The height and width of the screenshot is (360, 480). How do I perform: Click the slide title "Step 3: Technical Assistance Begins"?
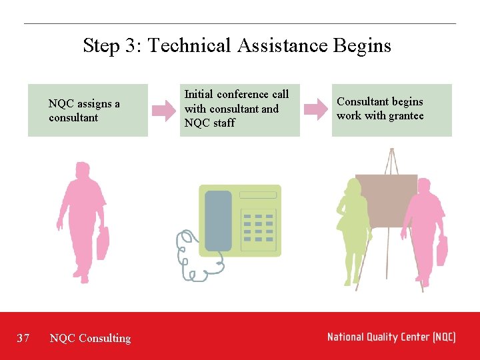pos(237,45)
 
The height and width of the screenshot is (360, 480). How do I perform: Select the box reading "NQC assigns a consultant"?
pos(87,110)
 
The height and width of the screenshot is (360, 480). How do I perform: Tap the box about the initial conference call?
pos(239,110)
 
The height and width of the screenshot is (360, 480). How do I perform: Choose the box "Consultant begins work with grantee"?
pos(391,110)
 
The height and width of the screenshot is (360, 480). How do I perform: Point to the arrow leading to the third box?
pos(315,110)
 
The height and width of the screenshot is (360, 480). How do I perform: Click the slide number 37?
pos(23,338)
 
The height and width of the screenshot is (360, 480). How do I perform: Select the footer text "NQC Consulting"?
pos(90,338)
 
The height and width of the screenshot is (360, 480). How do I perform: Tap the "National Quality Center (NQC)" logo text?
pos(391,337)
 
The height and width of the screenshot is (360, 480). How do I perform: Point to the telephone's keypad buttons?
pos(259,227)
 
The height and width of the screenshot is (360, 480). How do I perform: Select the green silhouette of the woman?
pos(353,227)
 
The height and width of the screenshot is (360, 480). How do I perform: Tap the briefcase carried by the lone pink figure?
pos(103,243)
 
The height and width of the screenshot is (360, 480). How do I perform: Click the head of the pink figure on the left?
pos(82,170)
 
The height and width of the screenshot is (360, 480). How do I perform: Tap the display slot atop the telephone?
pos(257,195)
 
